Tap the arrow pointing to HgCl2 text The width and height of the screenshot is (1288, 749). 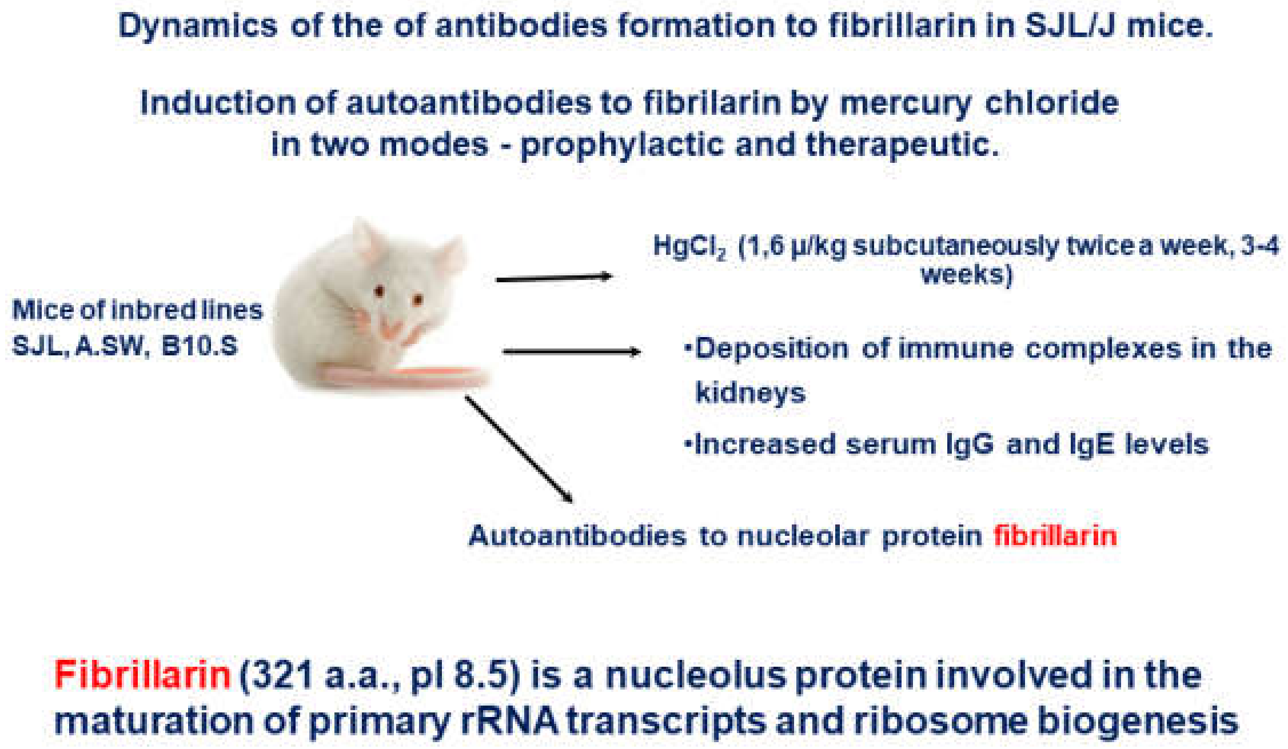[553, 278]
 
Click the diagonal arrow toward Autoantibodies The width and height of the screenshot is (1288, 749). [519, 449]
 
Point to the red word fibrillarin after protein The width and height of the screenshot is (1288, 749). [1055, 536]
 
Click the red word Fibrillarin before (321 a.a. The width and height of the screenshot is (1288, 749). [142, 675]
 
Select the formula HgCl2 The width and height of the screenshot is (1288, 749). [689, 247]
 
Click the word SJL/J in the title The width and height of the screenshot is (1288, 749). [1070, 26]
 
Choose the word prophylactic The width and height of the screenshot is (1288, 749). [622, 145]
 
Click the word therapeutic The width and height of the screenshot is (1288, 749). [902, 145]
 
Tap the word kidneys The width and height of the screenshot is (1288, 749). [750, 393]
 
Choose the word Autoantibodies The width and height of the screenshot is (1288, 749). [577, 536]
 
